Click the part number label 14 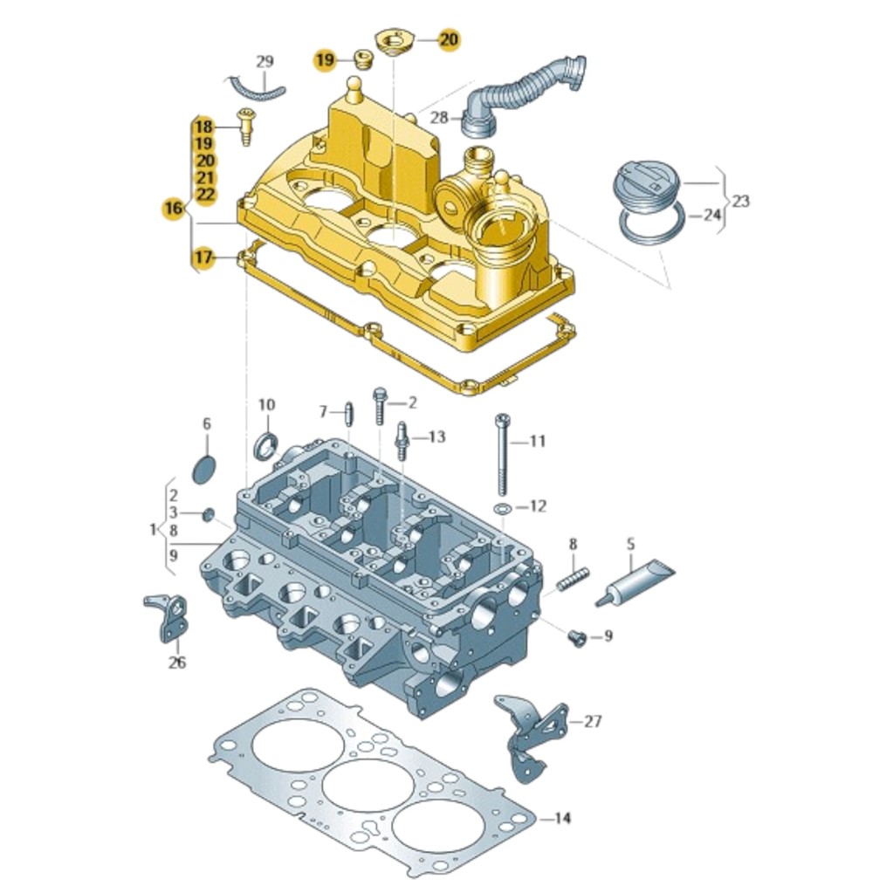(x=562, y=818)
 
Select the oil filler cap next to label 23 (x=647, y=184)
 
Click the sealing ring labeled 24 (x=650, y=226)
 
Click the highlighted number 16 (x=173, y=208)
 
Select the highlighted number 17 (x=203, y=258)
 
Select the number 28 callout (x=438, y=117)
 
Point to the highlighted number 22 (x=204, y=194)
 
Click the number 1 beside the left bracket (x=154, y=529)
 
